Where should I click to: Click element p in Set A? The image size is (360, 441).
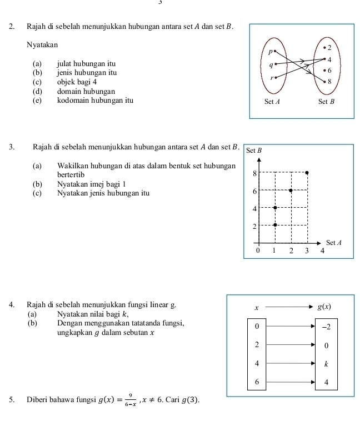[x=271, y=52]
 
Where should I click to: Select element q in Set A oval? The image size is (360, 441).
[x=271, y=64]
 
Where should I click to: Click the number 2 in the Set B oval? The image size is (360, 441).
[x=329, y=47]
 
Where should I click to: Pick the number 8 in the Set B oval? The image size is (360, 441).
[x=329, y=82]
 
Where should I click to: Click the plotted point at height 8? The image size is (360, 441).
[x=307, y=173]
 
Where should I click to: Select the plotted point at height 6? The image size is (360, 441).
[x=290, y=190]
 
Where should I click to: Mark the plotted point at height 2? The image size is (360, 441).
[x=274, y=225]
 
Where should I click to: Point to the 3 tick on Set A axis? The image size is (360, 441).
[x=307, y=250]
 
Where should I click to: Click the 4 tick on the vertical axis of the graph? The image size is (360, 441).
[x=254, y=208]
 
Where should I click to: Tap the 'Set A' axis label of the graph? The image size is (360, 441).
[x=333, y=242]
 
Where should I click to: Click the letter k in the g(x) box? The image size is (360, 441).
[x=326, y=364]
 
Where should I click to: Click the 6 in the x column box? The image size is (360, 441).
[x=256, y=382]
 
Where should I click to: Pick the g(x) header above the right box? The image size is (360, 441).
[x=324, y=307]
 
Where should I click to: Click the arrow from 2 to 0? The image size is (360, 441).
[x=290, y=345]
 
